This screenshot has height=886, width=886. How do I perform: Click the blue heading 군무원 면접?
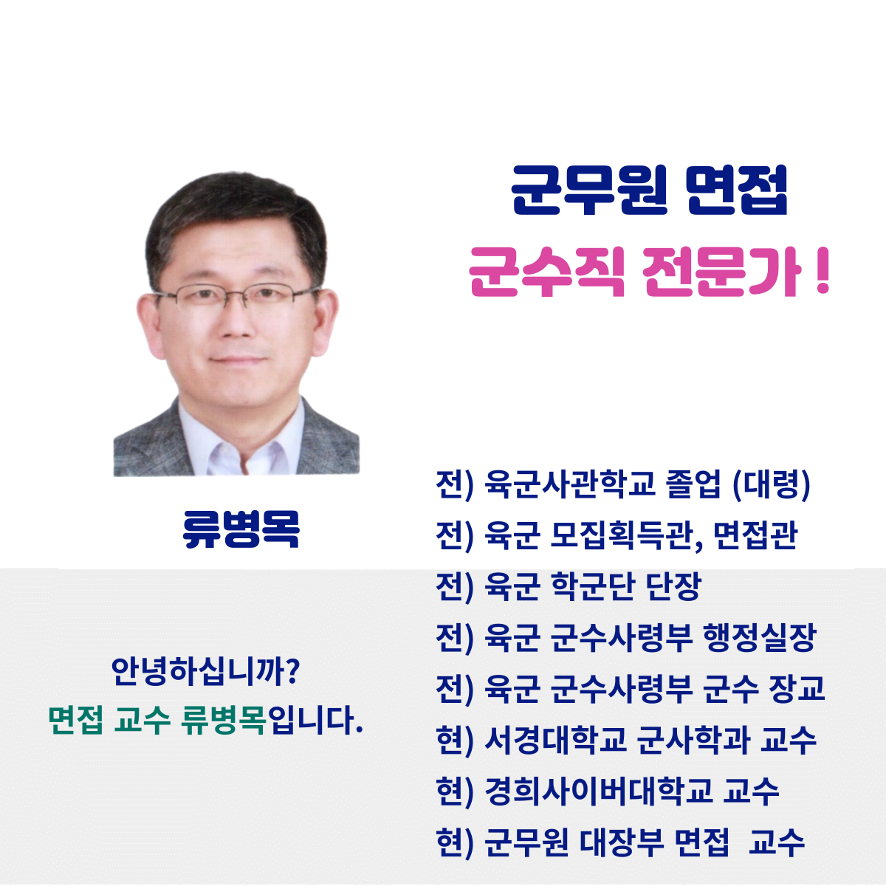[x=649, y=190]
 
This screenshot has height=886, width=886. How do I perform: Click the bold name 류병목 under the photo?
[x=241, y=529]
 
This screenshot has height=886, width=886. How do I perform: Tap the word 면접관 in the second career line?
[x=756, y=535]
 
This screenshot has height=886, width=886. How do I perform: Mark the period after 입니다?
[x=360, y=732]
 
